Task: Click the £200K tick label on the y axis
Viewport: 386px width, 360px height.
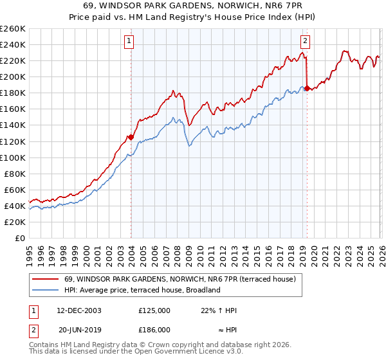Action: (13, 76)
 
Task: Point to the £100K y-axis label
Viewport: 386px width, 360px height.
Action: (13, 157)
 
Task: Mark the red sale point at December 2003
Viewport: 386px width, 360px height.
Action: (131, 137)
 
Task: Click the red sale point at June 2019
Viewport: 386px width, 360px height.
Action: (307, 88)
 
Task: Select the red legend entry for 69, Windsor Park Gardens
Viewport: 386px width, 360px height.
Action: (179, 280)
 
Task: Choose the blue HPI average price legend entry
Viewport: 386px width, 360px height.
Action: (142, 290)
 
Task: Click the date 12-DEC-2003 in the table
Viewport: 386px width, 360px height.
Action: (78, 310)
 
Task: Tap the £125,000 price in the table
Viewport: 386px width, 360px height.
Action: (154, 310)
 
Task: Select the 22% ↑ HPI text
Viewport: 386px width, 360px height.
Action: (219, 310)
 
